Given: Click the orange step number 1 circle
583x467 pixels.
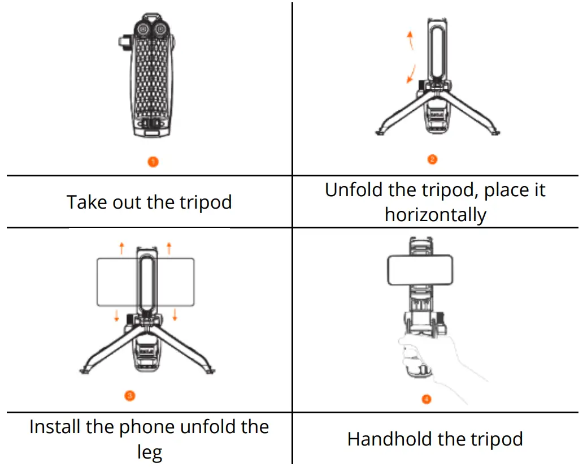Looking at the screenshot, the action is point(153,162).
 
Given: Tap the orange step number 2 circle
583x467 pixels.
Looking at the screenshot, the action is point(432,159).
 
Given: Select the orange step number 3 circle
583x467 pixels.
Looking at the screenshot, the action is point(129,396).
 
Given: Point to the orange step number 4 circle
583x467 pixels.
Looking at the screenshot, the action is point(427,399).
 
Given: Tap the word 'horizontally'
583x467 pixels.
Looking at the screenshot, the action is point(435,215).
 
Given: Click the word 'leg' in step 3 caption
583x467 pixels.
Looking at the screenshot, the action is point(149,452).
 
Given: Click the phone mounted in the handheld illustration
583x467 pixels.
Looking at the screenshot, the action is point(419,270).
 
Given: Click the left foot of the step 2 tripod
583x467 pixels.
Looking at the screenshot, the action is point(381,132).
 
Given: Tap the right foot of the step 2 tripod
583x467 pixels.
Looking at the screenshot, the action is point(496,132).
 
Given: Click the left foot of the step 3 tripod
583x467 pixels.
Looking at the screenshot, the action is point(85,370).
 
